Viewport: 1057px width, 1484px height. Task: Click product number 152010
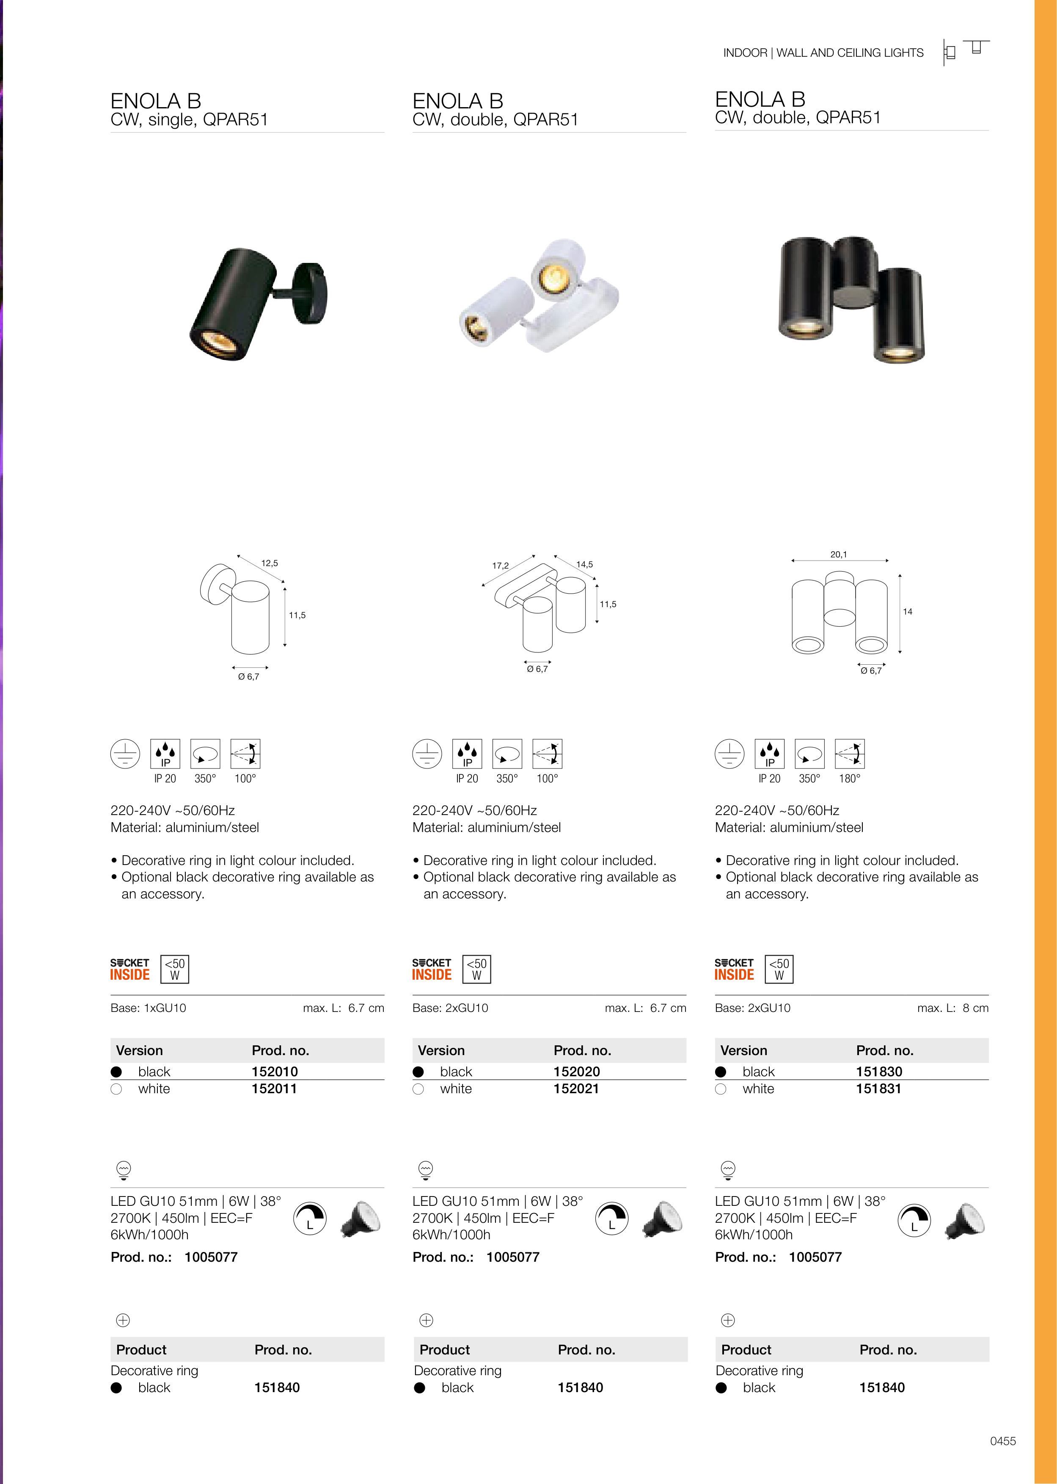(x=275, y=1071)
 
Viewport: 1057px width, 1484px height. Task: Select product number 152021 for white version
(x=576, y=1088)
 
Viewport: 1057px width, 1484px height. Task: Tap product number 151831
(x=878, y=1088)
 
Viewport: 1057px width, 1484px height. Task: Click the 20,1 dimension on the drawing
(x=838, y=554)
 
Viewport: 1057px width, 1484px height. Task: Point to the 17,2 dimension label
(x=501, y=565)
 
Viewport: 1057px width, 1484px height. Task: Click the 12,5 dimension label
(x=270, y=563)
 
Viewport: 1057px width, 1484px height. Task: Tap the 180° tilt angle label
(x=849, y=778)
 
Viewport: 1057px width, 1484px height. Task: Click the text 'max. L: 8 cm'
(x=953, y=1008)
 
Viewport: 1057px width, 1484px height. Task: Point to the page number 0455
(x=1003, y=1441)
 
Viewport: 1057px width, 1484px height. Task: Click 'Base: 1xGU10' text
(x=149, y=1008)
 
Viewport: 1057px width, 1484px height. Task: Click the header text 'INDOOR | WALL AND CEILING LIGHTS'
(x=823, y=53)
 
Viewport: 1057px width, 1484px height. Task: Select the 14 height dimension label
(x=907, y=611)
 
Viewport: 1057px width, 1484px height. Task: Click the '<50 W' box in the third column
(x=779, y=969)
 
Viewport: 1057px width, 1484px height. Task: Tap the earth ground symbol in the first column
(x=125, y=754)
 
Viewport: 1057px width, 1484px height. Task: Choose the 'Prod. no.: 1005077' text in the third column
(x=779, y=1257)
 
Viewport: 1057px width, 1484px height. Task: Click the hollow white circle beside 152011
(x=116, y=1089)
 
